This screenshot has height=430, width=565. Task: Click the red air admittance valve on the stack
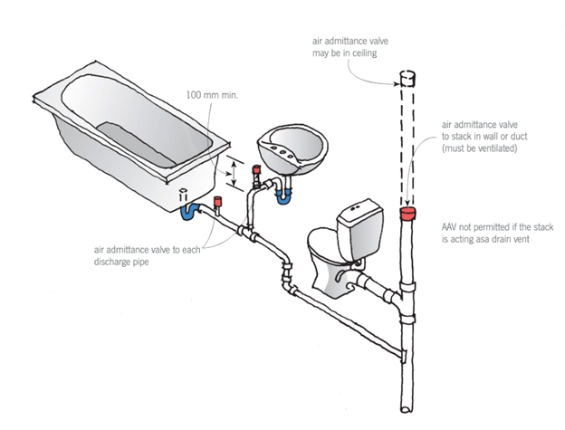click(408, 215)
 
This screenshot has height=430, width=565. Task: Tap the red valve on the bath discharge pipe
click(217, 200)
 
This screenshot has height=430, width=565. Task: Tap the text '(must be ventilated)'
click(479, 148)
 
